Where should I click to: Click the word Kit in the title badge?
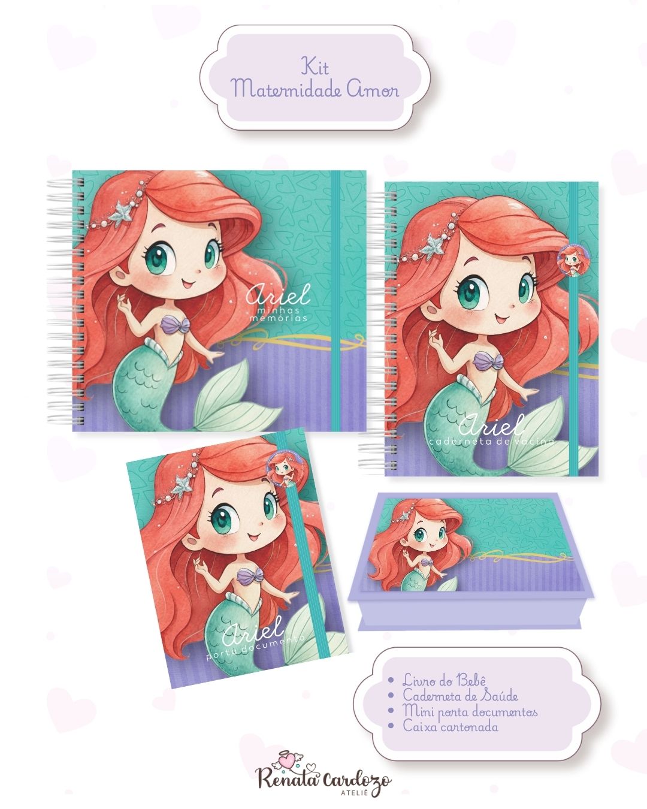(315, 67)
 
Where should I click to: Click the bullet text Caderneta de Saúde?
(460, 695)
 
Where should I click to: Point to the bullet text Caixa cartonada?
(451, 726)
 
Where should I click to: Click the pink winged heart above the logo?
(289, 760)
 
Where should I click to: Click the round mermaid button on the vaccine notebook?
(573, 261)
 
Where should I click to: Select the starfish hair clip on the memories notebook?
(123, 210)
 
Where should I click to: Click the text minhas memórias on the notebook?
(278, 314)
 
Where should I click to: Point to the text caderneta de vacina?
(491, 441)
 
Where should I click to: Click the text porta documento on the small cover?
(256, 647)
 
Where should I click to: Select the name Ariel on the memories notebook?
(278, 295)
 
